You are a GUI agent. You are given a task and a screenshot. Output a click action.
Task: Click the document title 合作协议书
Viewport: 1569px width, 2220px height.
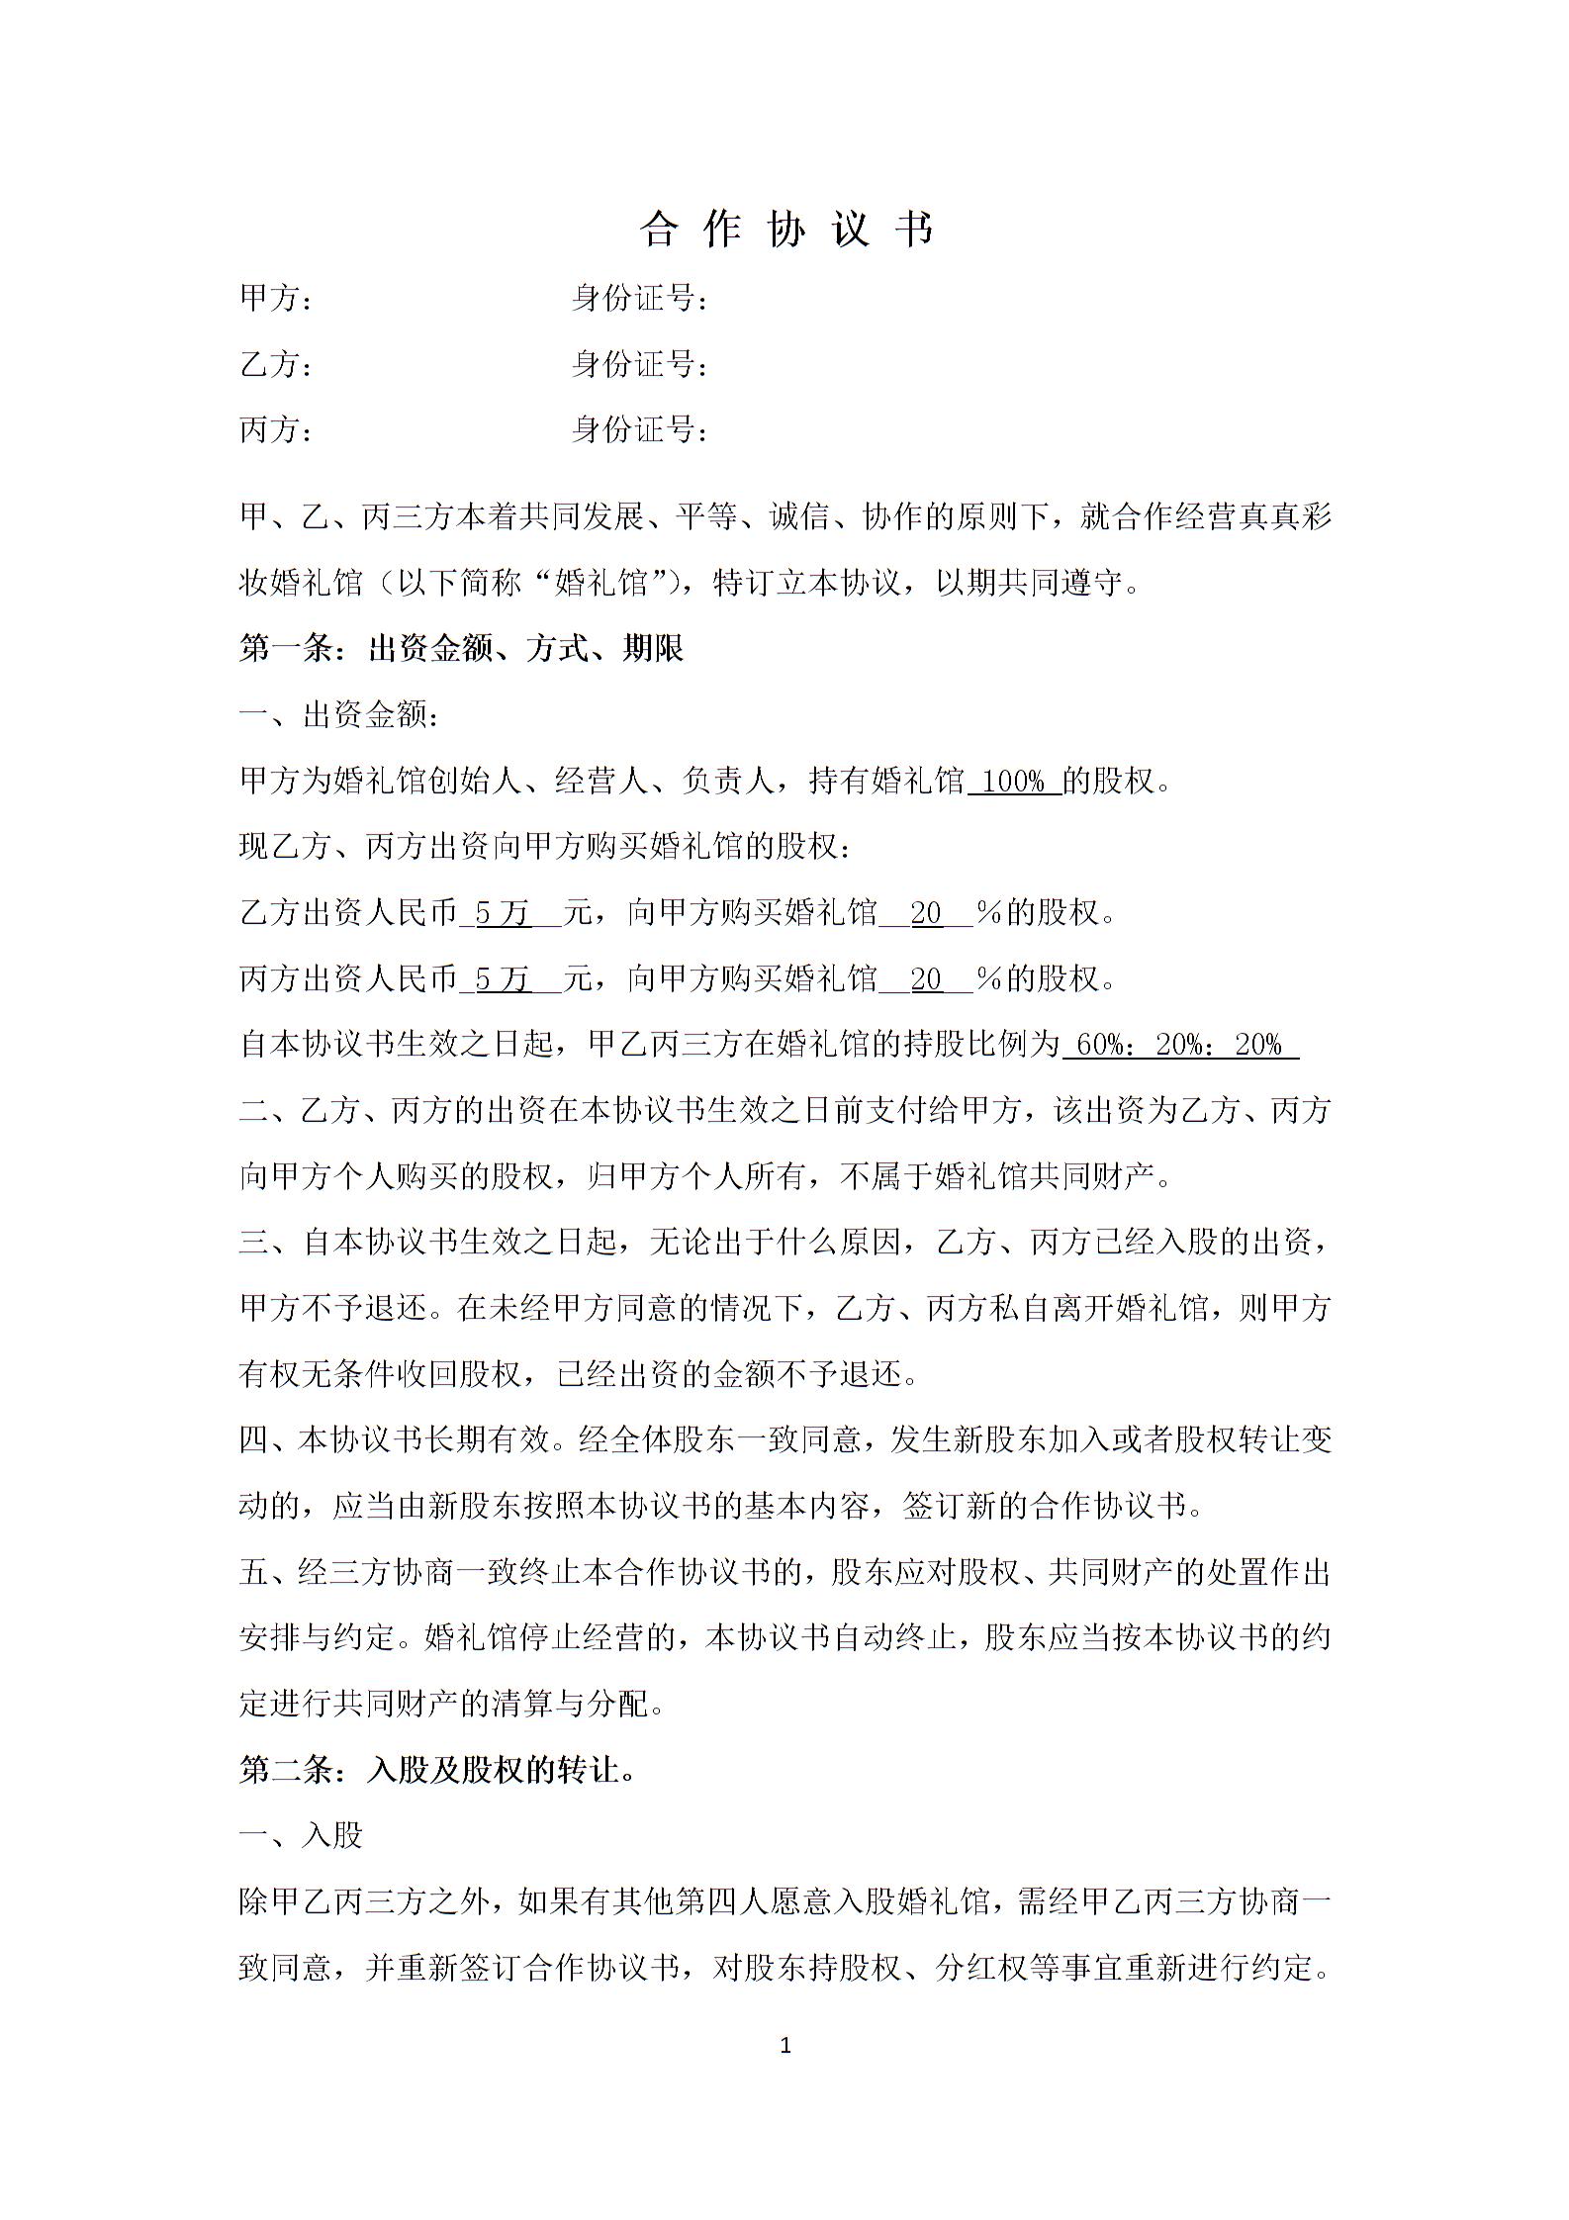[x=785, y=230]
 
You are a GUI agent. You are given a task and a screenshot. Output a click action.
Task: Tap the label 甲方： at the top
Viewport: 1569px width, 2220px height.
[x=276, y=298]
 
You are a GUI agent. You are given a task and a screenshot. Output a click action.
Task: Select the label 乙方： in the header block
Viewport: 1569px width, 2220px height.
[x=276, y=364]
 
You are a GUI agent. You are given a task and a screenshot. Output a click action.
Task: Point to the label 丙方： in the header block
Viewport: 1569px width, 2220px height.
[x=276, y=430]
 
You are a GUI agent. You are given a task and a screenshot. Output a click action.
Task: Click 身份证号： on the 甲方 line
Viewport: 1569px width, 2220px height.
[x=640, y=298]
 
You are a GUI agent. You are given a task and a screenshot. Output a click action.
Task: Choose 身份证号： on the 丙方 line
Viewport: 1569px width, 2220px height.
[x=640, y=430]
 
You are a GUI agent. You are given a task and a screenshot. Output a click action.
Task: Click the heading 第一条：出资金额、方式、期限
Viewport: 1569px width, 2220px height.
[x=462, y=649]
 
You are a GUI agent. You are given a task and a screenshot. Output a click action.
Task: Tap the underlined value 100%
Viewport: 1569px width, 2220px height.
[x=1015, y=782]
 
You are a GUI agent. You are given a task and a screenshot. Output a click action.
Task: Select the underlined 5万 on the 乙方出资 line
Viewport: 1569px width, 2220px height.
[x=504, y=913]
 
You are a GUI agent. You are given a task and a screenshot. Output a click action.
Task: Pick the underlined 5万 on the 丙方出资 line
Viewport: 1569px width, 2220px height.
[x=504, y=979]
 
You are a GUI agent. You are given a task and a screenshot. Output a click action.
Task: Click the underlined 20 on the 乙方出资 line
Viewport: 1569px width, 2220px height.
[x=926, y=913]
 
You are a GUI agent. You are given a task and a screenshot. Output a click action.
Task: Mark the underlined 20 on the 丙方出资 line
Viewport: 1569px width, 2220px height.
[x=926, y=979]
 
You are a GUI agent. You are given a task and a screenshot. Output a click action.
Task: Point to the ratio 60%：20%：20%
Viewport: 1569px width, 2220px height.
[x=1177, y=1045]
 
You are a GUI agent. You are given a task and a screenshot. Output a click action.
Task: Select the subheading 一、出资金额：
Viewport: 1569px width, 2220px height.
[x=339, y=715]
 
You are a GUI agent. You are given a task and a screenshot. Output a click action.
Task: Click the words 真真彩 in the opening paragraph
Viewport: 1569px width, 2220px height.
[x=1285, y=517]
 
